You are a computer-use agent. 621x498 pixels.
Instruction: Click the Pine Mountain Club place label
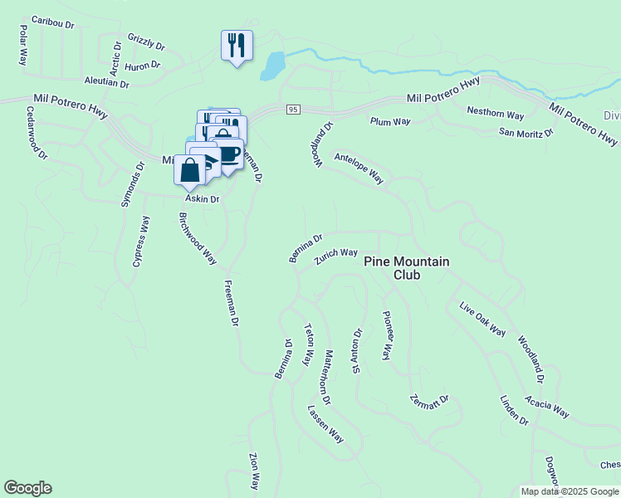407,268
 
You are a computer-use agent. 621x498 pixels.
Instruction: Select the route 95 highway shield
292,110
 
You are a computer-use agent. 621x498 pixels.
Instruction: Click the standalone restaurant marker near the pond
237,45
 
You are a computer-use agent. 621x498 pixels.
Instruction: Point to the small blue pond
271,66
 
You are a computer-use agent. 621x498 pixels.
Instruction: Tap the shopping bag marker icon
190,170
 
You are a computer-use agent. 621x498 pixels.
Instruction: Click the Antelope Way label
359,167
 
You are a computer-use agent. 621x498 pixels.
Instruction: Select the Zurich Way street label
335,257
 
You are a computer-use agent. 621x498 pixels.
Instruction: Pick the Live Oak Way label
482,320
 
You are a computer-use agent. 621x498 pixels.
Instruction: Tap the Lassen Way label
325,423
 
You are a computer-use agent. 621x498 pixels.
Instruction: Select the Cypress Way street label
141,241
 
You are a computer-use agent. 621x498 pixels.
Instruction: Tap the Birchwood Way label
198,238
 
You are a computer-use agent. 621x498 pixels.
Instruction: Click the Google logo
27,488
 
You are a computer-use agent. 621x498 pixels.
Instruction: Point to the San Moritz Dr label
526,133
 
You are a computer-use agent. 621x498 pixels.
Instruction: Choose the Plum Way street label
390,122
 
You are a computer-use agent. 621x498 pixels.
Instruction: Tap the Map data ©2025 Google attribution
570,491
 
